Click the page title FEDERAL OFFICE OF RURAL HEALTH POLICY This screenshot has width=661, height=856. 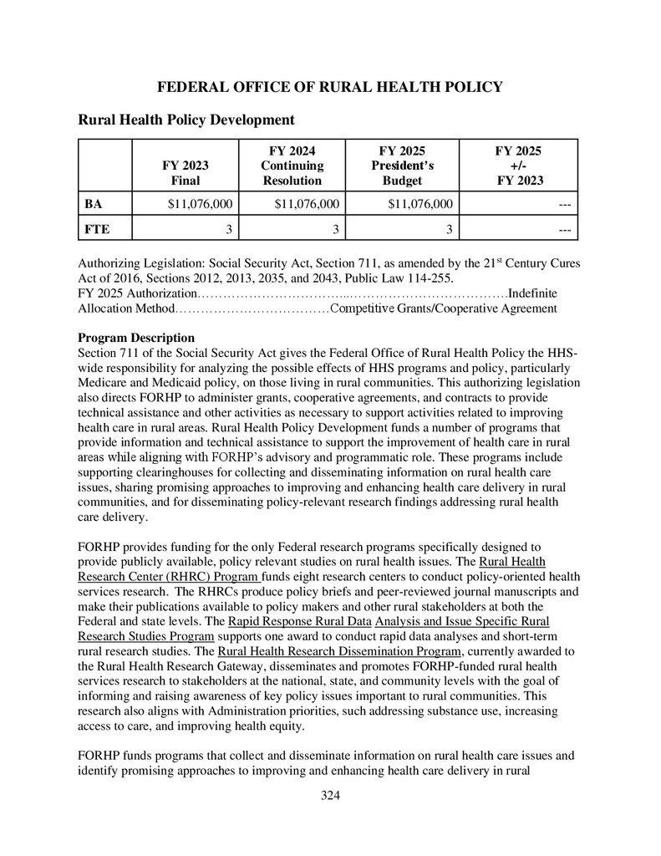pos(330,87)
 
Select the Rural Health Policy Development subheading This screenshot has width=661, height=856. pos(186,120)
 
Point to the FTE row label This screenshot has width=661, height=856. pos(95,228)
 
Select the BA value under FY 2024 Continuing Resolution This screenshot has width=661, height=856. pos(306,203)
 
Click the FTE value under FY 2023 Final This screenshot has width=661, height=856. pos(229,228)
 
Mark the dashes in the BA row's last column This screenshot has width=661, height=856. pos(564,203)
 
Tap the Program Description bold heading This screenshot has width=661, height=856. pos(136,338)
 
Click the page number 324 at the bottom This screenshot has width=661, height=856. pos(331,795)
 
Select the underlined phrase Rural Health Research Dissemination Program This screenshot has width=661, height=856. pos(338,651)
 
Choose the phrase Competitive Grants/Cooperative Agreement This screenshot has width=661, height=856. pos(444,308)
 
